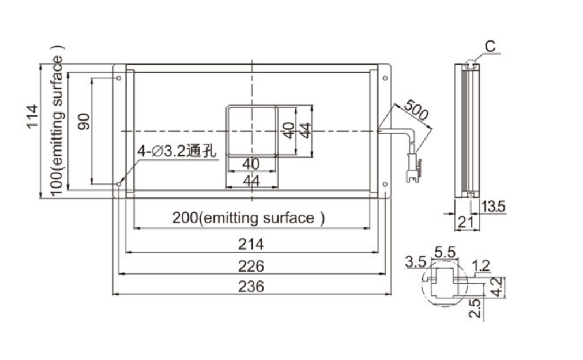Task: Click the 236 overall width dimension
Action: [x=251, y=287]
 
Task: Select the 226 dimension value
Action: [x=251, y=266]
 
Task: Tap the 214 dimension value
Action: [x=251, y=244]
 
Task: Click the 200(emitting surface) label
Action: [x=249, y=218]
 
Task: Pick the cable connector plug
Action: [x=413, y=167]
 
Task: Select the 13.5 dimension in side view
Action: [x=494, y=206]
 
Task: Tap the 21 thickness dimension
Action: [x=465, y=222]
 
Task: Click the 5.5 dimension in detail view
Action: [x=445, y=252]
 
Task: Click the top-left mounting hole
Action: [x=119, y=78]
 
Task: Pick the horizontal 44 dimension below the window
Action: [x=251, y=181]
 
